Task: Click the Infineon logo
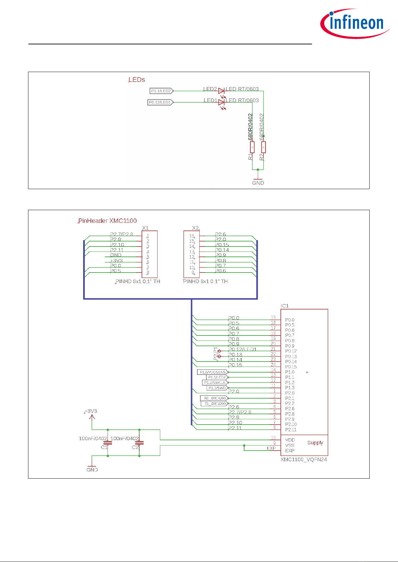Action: tap(355, 23)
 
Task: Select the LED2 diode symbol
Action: tap(221, 91)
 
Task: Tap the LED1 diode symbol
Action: tap(221, 102)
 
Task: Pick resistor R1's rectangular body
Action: tap(252, 147)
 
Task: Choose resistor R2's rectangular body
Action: tap(263, 147)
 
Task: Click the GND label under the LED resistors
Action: tap(258, 183)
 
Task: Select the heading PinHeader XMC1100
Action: tap(108, 221)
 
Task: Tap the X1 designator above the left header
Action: tap(145, 228)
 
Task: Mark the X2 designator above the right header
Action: tap(195, 228)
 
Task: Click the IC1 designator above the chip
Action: tap(284, 306)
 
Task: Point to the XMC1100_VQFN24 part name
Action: tap(304, 459)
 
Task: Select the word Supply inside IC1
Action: tap(315, 443)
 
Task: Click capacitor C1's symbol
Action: tap(108, 443)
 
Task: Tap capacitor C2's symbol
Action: tap(139, 443)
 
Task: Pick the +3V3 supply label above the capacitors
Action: tap(91, 411)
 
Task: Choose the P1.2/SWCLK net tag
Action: tap(215, 383)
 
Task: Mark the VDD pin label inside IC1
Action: tap(290, 440)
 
